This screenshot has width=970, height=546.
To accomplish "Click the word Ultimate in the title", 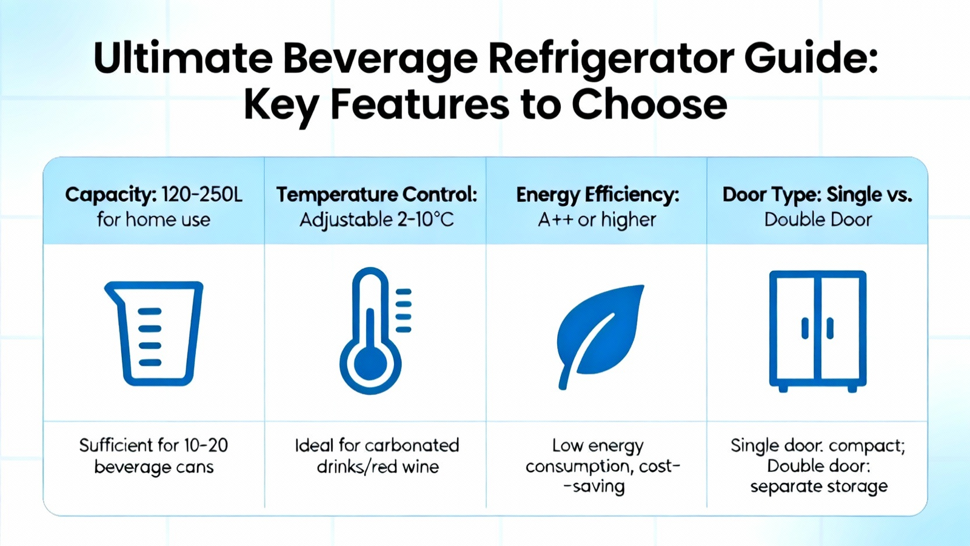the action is click(x=182, y=58).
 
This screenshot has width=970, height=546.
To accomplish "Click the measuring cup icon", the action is click(x=154, y=333).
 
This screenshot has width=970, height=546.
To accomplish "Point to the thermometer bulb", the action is click(x=370, y=364).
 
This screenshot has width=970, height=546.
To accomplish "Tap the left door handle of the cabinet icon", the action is click(x=805, y=328).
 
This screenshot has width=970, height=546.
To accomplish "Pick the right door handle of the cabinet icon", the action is click(x=830, y=328).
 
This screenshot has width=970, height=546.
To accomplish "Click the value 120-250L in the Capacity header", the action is click(x=202, y=195).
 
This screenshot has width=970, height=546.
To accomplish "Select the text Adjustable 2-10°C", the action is click(x=376, y=220).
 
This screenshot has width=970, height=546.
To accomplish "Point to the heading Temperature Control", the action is click(x=376, y=195).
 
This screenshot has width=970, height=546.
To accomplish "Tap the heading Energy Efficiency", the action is click(x=598, y=195).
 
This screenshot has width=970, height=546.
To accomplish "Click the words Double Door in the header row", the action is click(x=818, y=220).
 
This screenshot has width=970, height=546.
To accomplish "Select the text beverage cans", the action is click(x=154, y=467).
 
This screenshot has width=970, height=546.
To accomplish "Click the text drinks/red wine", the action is click(x=378, y=467).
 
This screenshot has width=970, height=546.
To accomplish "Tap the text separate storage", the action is click(x=819, y=487).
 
